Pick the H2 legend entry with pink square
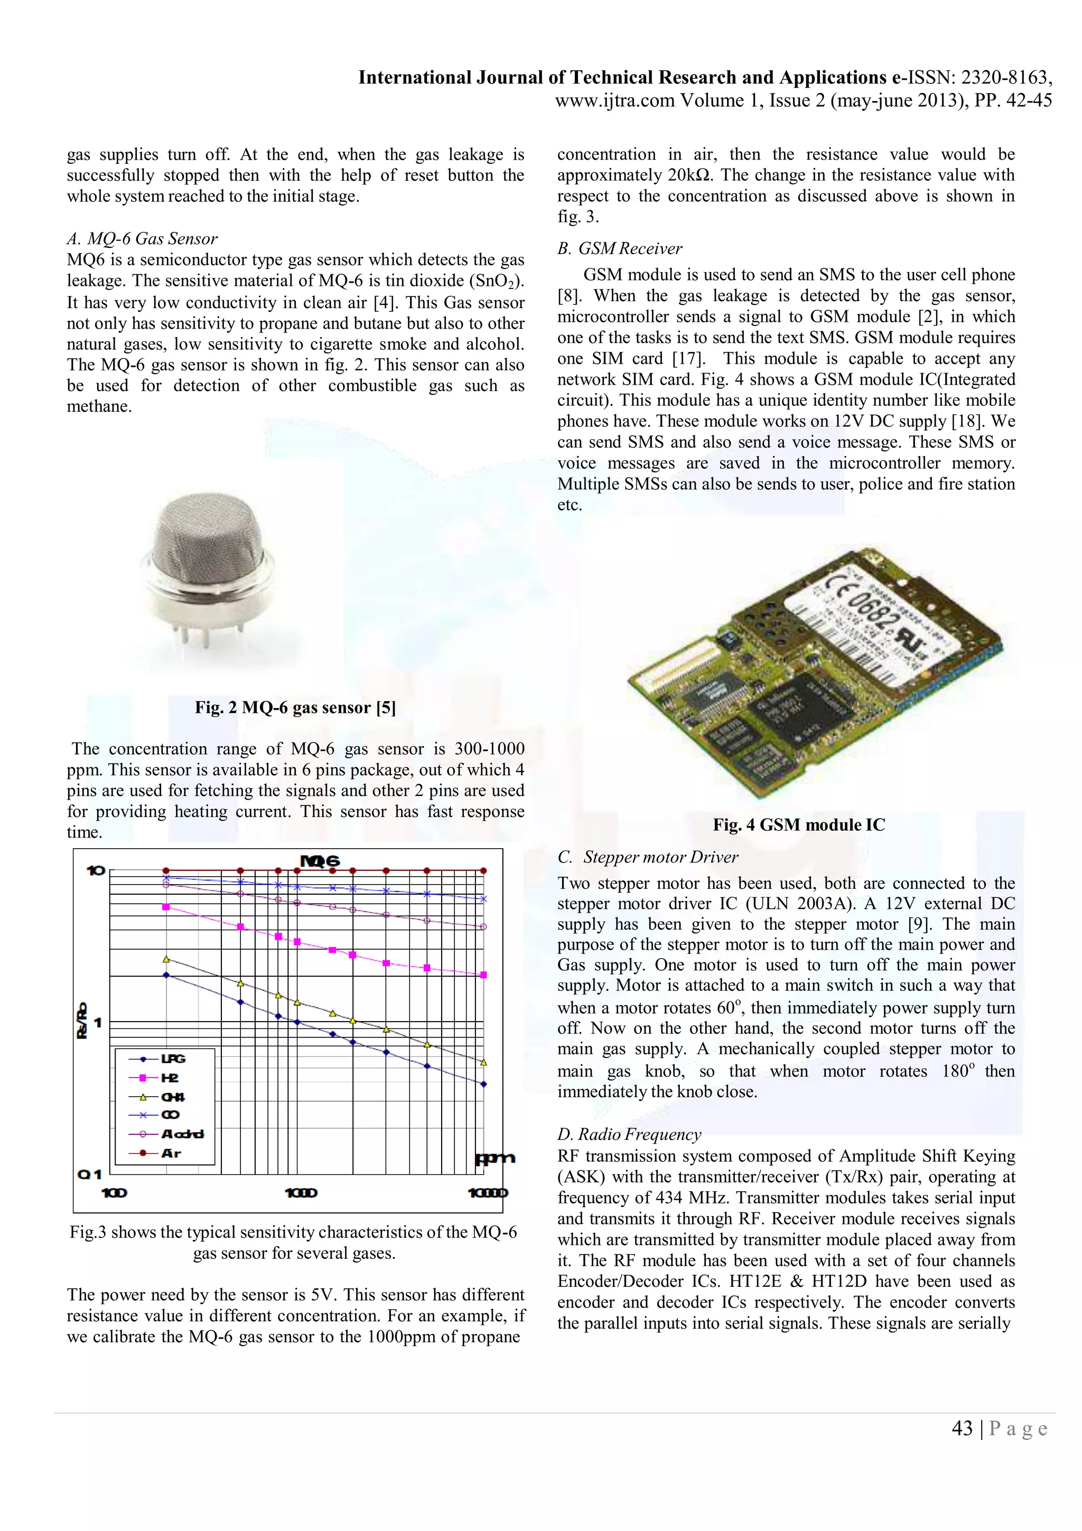(x=169, y=1078)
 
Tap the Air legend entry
(x=170, y=1153)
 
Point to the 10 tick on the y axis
(x=95, y=870)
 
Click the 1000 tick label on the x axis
(x=301, y=1192)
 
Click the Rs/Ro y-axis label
(x=82, y=1022)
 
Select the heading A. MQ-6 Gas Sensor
(x=142, y=239)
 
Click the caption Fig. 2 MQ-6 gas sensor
(x=295, y=708)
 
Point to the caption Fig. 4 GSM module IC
(x=799, y=825)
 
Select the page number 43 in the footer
(x=962, y=1428)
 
